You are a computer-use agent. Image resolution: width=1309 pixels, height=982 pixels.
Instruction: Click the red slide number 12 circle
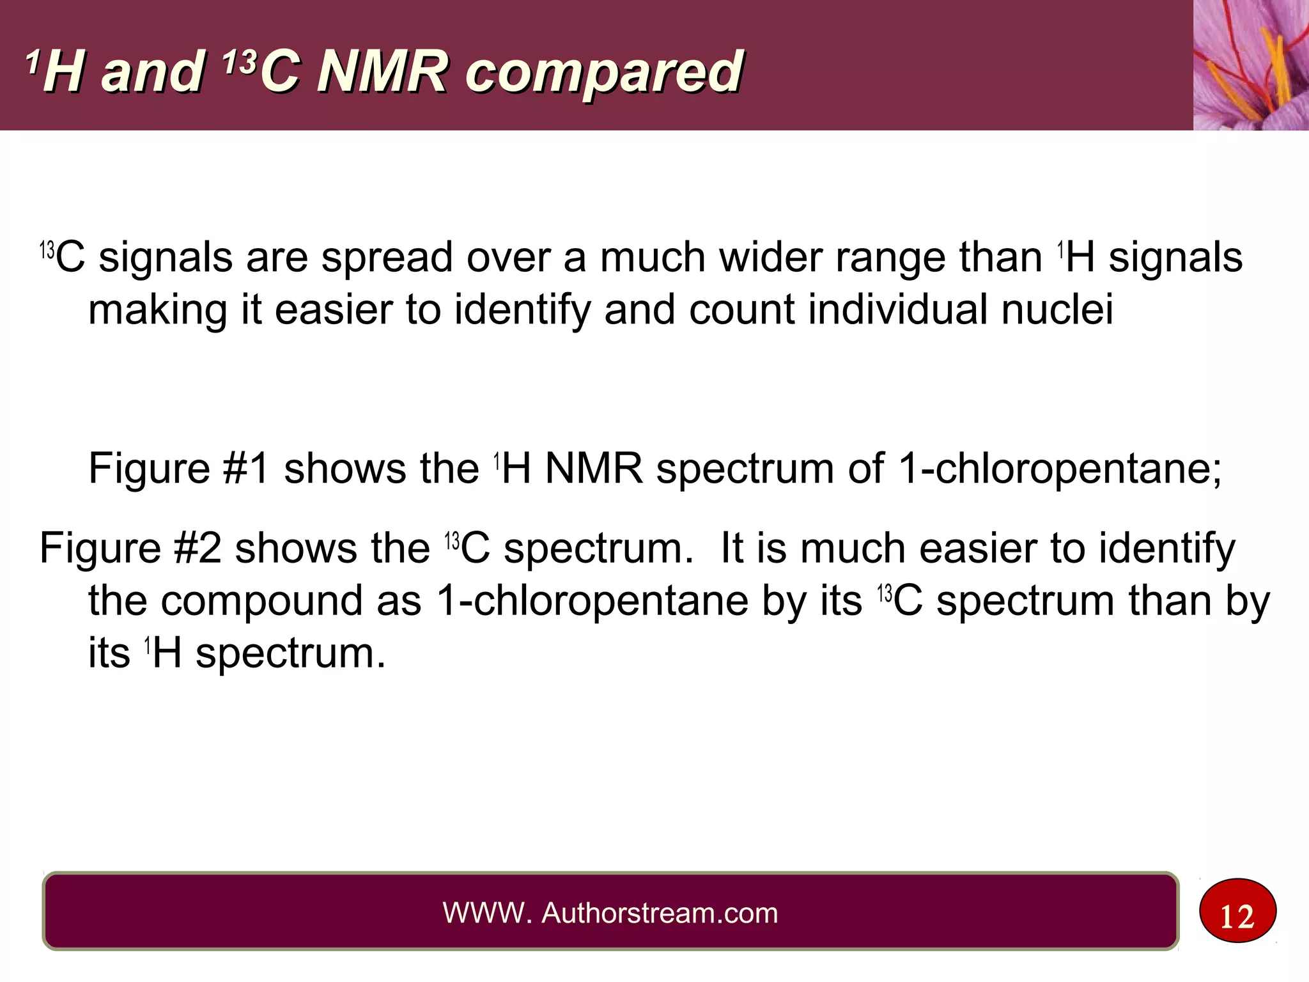(x=1237, y=910)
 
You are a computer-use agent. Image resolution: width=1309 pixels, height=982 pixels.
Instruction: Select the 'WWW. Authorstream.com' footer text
(x=610, y=913)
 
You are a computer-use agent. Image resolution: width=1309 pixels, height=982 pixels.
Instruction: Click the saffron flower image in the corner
(x=1250, y=65)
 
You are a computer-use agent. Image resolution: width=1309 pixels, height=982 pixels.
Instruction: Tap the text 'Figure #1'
(x=178, y=469)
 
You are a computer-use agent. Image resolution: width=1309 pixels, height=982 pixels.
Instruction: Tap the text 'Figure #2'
(x=130, y=549)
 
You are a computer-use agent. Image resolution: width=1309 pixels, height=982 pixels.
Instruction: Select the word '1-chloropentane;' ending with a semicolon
(x=1060, y=469)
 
